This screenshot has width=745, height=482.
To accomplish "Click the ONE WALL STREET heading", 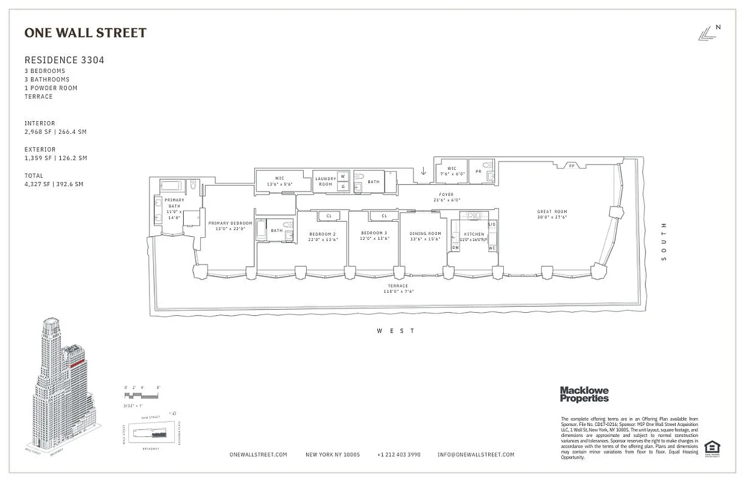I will point(85,33).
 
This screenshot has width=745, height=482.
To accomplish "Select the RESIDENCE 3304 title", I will point(60,60).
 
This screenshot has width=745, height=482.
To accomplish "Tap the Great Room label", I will point(552,211).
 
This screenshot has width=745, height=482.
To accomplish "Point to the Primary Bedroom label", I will point(230,223).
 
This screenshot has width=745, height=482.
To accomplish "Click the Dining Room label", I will point(426,233).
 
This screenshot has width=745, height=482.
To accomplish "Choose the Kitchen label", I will point(474,234).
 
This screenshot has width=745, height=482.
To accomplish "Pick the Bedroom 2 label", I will point(322,234).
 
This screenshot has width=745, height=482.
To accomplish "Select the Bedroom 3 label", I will point(374,233).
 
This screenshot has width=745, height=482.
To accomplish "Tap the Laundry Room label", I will point(325,181).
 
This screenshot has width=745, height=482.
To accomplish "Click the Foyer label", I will point(446,195).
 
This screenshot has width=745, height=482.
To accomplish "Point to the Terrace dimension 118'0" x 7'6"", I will point(398,291).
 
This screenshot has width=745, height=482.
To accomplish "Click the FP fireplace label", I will point(571,165).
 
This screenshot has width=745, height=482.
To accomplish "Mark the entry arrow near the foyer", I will point(423,172).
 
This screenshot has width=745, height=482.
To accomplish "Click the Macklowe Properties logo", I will point(584,394).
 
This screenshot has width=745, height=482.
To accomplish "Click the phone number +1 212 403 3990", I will point(398,455).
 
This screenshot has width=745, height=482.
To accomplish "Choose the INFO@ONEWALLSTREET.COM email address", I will point(476,455).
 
